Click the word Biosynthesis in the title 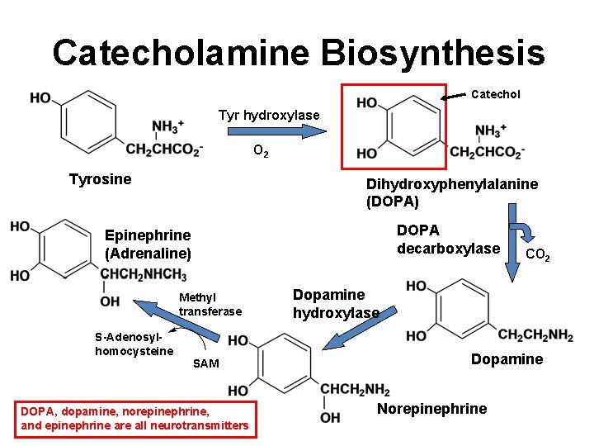(432, 52)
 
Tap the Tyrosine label (100, 179)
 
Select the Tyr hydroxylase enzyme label (268, 115)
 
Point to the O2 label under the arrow (260, 151)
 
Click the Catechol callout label (495, 94)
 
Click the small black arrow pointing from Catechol (454, 97)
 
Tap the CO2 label (540, 254)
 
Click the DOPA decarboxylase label (448, 239)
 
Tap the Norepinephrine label (431, 409)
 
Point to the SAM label (205, 364)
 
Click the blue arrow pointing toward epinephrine (177, 320)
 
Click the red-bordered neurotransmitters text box (134, 418)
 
